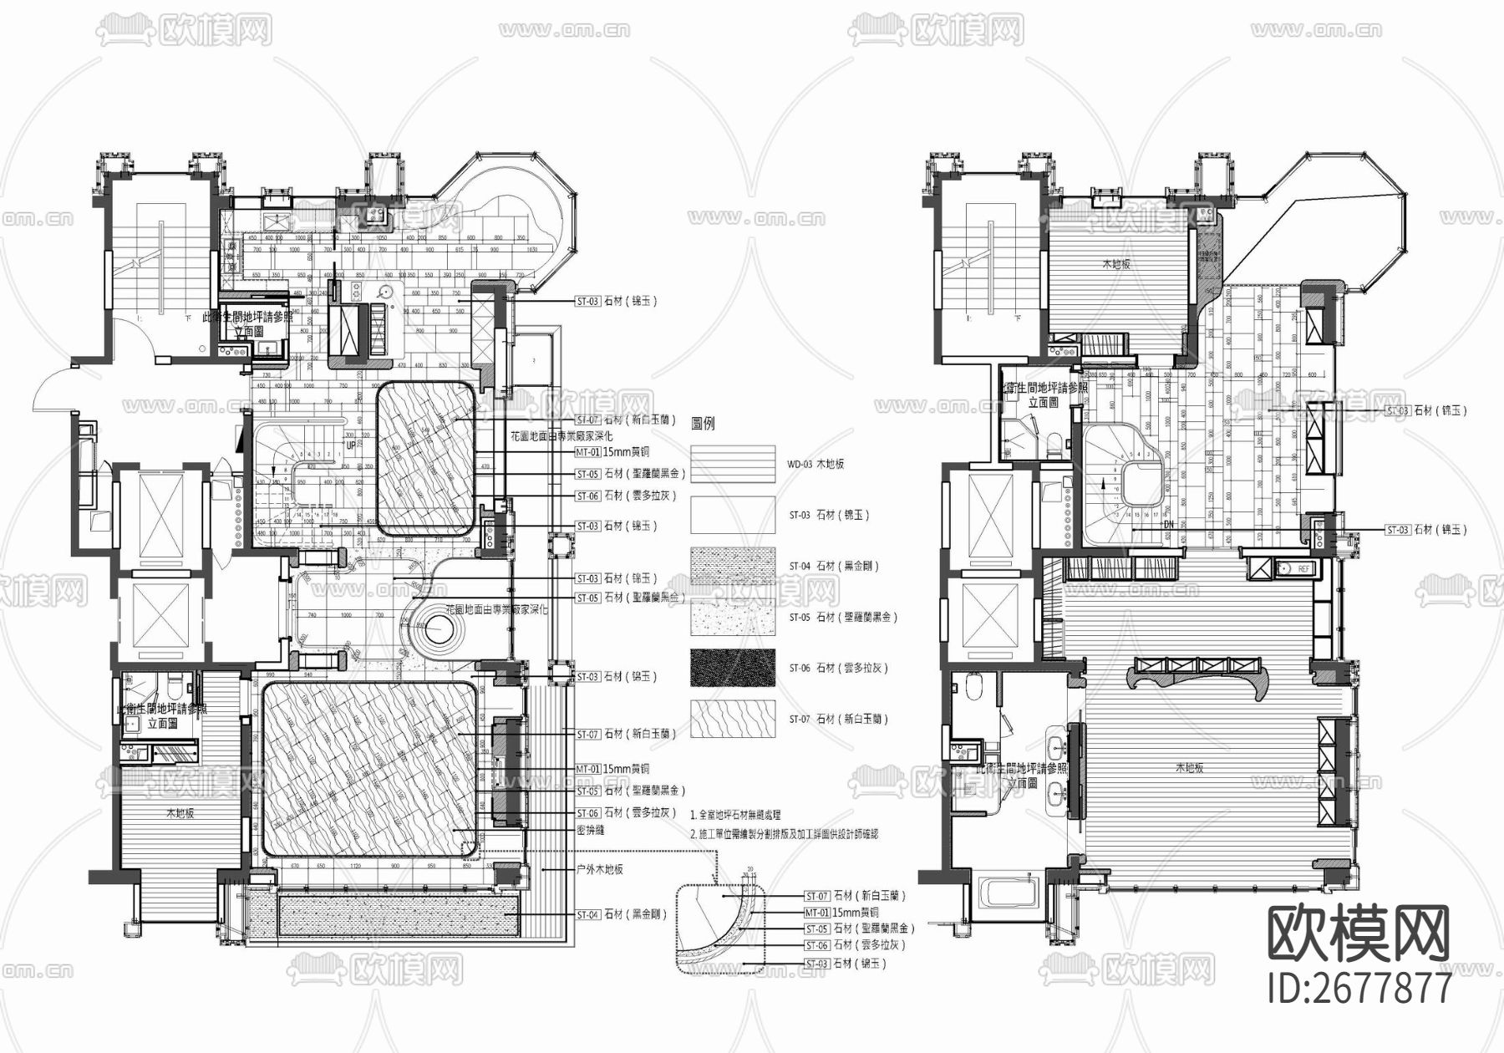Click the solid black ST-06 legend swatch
tap(733, 668)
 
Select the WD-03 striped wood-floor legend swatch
tap(733, 463)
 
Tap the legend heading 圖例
tap(704, 424)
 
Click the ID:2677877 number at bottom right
tap(1359, 988)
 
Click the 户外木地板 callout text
tap(600, 869)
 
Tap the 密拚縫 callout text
tap(590, 831)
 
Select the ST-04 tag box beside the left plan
tap(587, 915)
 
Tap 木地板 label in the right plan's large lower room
tap(1188, 767)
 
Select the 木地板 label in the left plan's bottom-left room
tap(180, 812)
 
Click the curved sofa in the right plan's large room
tap(1197, 674)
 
